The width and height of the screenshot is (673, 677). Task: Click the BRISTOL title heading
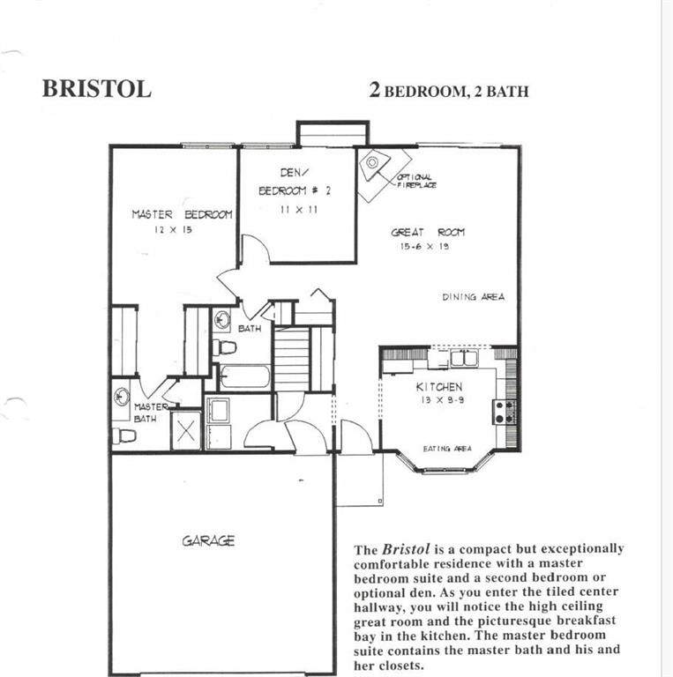click(x=97, y=89)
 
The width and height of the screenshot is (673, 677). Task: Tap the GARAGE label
click(x=208, y=541)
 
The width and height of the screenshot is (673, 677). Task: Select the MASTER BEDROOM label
click(x=182, y=214)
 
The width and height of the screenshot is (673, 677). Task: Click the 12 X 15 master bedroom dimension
click(x=173, y=230)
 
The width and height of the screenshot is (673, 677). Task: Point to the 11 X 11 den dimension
click(x=298, y=210)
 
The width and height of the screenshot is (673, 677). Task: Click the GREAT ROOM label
click(x=428, y=233)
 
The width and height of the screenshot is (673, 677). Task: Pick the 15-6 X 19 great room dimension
click(x=424, y=247)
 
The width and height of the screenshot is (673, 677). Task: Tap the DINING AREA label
click(x=474, y=297)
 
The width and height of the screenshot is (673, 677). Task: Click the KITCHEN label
click(x=439, y=387)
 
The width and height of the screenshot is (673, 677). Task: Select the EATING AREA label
click(x=447, y=449)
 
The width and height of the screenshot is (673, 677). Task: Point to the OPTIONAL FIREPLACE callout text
click(x=416, y=182)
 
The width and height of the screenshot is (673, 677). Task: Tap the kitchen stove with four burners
click(x=505, y=412)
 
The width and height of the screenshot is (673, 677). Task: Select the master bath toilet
click(x=124, y=436)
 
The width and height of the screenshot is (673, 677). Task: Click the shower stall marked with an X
click(x=186, y=430)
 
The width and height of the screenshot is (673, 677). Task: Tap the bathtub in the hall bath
click(x=244, y=377)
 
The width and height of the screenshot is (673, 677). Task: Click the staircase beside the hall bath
click(x=293, y=359)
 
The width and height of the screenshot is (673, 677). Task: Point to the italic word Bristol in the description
click(x=406, y=549)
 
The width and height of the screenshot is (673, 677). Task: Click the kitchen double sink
click(x=464, y=359)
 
